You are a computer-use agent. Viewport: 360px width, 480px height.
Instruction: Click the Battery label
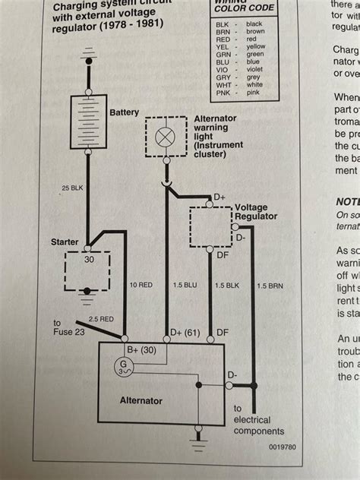[x=125, y=112]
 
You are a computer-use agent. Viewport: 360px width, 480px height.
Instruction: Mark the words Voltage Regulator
[x=258, y=212]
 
